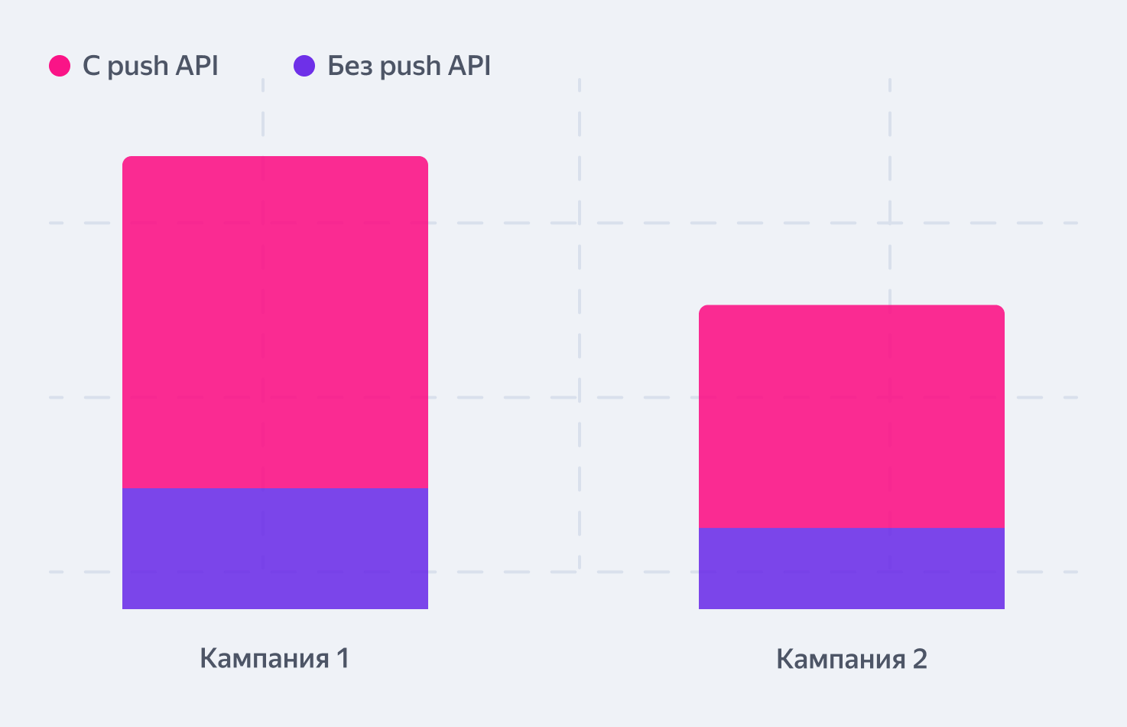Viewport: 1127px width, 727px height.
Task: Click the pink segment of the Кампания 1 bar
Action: pos(275,321)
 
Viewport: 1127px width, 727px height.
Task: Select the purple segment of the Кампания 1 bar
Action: pos(275,548)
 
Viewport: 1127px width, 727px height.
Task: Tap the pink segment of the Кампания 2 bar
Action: pos(852,416)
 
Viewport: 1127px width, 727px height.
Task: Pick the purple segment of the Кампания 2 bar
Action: pos(852,568)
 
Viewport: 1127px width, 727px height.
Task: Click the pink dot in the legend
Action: pos(60,66)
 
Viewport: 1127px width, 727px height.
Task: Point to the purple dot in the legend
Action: pos(304,66)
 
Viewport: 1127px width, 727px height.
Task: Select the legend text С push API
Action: pos(151,67)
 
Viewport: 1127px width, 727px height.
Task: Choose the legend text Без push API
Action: pos(409,67)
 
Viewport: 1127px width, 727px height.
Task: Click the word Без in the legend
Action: pos(349,67)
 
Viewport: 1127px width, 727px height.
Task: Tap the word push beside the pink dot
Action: pos(138,67)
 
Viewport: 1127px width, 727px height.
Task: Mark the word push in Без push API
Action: pos(410,67)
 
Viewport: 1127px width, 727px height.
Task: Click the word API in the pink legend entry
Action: pos(197,66)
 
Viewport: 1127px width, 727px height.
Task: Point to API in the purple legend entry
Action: pos(469,66)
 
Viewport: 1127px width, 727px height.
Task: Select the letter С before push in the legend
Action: pos(92,67)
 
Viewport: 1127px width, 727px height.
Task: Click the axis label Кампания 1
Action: pos(274,658)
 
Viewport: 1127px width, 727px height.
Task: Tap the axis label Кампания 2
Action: pos(852,659)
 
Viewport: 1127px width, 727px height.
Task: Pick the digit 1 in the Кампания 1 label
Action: pos(343,658)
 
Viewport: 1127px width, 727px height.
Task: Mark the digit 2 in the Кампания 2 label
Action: pos(919,659)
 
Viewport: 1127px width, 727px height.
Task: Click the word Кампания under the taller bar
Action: pos(264,658)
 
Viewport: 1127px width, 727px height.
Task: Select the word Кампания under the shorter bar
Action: pos(841,659)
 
